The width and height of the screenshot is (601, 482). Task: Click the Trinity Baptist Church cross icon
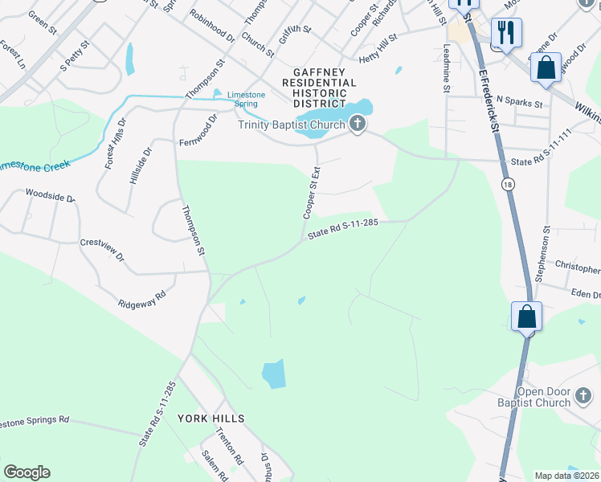pyautogui.click(x=358, y=124)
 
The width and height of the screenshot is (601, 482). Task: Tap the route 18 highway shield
pyautogui.click(x=508, y=185)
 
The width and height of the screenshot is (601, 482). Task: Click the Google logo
pyautogui.click(x=27, y=472)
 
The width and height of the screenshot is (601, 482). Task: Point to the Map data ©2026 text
pyautogui.click(x=567, y=476)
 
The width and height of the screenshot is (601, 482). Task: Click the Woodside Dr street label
pyautogui.click(x=50, y=195)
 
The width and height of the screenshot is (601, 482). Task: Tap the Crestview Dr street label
pyautogui.click(x=102, y=250)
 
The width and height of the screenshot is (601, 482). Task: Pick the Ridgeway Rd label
pyautogui.click(x=141, y=300)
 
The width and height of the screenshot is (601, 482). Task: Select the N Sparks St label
pyautogui.click(x=520, y=103)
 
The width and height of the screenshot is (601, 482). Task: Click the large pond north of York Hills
pyautogui.click(x=273, y=374)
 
